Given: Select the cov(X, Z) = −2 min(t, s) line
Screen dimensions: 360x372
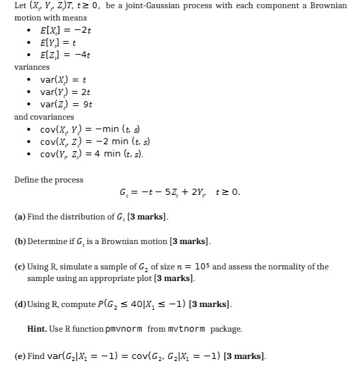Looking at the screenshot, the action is click(x=92, y=141).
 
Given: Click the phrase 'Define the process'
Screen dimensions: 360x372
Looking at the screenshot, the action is click(x=49, y=180).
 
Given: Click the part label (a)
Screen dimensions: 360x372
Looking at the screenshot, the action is click(x=20, y=217).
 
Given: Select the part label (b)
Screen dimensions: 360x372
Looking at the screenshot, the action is click(x=20, y=241).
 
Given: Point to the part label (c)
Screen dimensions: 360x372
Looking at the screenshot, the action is click(x=20, y=267).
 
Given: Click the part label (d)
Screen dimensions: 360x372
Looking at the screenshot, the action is click(x=20, y=303).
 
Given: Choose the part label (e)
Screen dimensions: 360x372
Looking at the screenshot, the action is click(x=20, y=356).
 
